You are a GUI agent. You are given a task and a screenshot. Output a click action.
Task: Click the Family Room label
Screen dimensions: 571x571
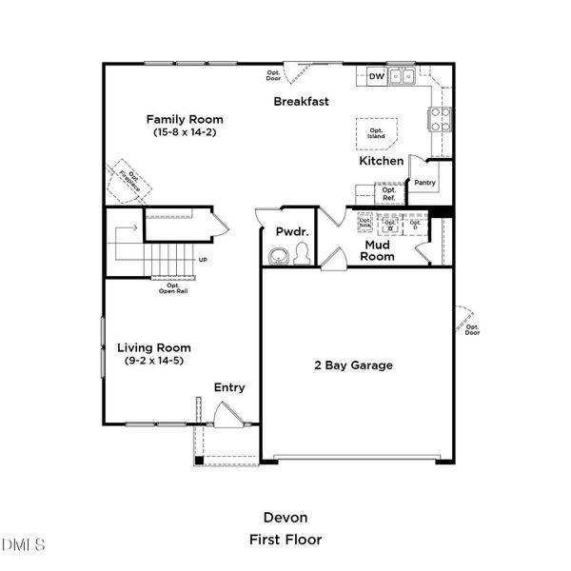click(185, 119)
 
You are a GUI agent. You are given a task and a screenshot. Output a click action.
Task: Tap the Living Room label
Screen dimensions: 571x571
click(154, 347)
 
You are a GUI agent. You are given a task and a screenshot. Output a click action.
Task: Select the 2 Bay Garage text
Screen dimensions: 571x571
click(354, 364)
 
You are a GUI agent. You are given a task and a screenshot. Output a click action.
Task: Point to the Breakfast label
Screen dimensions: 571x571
click(302, 101)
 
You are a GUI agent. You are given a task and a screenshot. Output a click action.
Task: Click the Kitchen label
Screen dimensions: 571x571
click(381, 162)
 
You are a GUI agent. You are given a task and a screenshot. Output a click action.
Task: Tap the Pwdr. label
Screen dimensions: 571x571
click(289, 231)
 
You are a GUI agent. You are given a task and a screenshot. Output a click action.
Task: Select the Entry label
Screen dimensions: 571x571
click(229, 387)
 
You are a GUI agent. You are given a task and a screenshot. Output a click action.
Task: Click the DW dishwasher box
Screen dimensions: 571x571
click(375, 77)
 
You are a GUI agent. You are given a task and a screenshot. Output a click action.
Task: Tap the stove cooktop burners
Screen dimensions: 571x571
click(442, 119)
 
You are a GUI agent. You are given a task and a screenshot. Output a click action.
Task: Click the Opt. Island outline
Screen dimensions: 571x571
click(377, 132)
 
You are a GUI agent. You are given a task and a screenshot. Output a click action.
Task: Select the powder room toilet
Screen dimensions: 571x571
click(301, 253)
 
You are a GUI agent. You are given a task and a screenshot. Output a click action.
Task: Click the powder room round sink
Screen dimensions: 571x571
click(279, 255)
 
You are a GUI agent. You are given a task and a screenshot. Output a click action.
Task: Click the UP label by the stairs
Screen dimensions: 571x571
click(203, 260)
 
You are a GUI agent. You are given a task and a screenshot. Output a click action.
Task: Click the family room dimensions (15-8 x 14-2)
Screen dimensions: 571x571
click(185, 133)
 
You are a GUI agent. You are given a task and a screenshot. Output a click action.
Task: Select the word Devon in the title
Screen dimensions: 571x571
click(285, 518)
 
